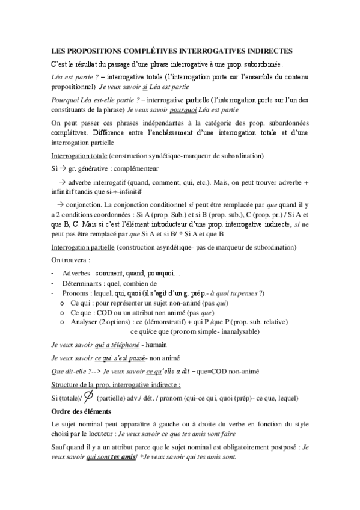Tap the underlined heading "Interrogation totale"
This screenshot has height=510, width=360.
coord(80,155)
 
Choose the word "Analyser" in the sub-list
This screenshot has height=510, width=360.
coord(85,322)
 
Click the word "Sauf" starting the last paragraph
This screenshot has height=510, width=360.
coord(59,448)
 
